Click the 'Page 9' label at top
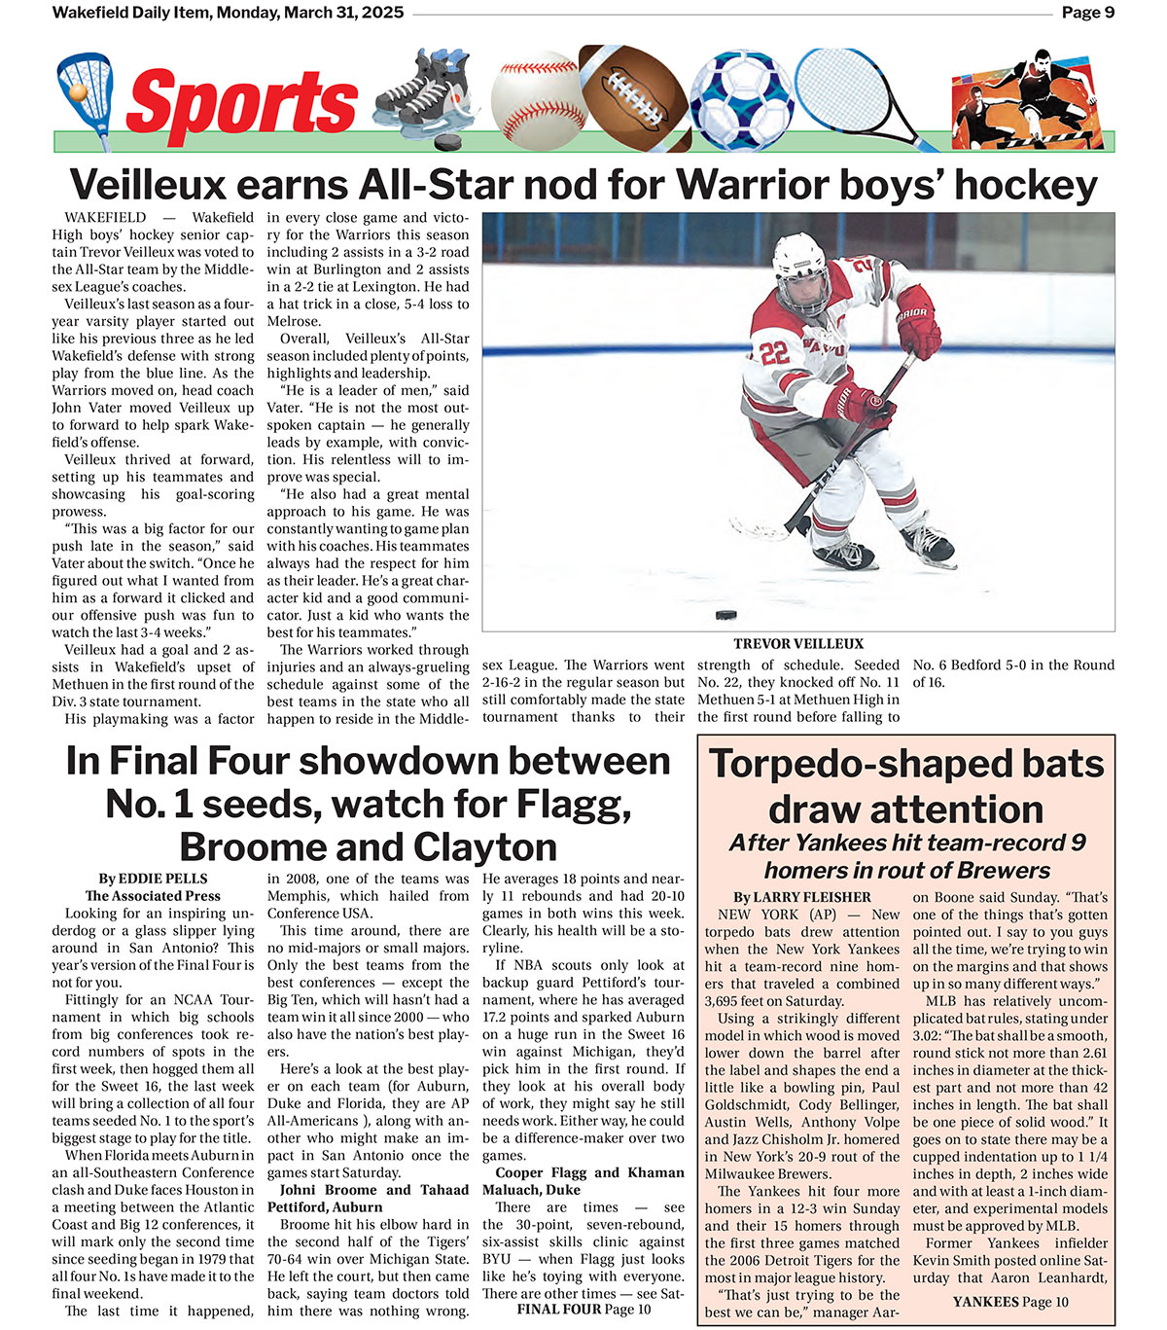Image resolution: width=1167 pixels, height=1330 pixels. (x=1087, y=13)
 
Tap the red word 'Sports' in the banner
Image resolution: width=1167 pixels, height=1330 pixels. (x=241, y=103)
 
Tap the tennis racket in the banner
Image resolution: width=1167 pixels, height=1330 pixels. (x=856, y=93)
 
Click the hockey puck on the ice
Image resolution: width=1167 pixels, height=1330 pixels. (x=725, y=615)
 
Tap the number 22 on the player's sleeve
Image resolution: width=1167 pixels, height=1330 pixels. (x=775, y=352)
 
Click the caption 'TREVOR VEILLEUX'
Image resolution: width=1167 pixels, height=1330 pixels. (x=797, y=644)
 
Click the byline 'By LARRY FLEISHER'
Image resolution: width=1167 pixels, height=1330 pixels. (x=802, y=897)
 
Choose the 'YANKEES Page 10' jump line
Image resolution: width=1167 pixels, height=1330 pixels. (x=1010, y=1302)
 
